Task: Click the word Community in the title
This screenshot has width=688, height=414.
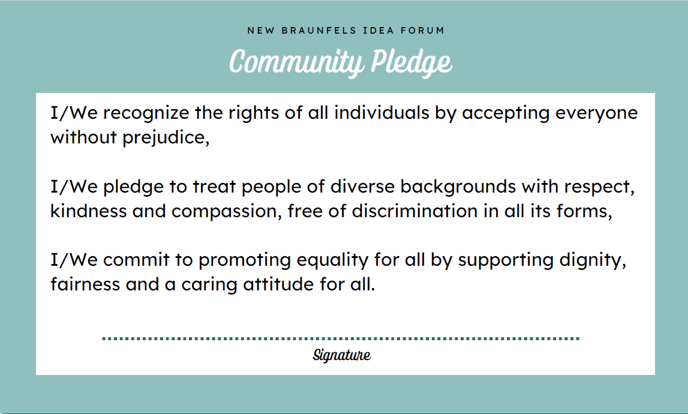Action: click(296, 62)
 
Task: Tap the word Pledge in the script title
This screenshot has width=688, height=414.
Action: click(411, 62)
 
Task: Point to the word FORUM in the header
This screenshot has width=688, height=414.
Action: click(422, 30)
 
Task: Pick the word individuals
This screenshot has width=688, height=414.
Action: click(381, 113)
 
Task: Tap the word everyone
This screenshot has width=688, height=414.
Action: click(596, 114)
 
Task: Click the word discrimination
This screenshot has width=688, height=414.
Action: click(414, 211)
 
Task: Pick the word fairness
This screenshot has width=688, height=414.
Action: click(85, 284)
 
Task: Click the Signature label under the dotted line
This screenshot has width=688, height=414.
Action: click(341, 355)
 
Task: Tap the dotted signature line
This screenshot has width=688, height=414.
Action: click(341, 338)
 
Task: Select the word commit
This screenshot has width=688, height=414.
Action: click(136, 260)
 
